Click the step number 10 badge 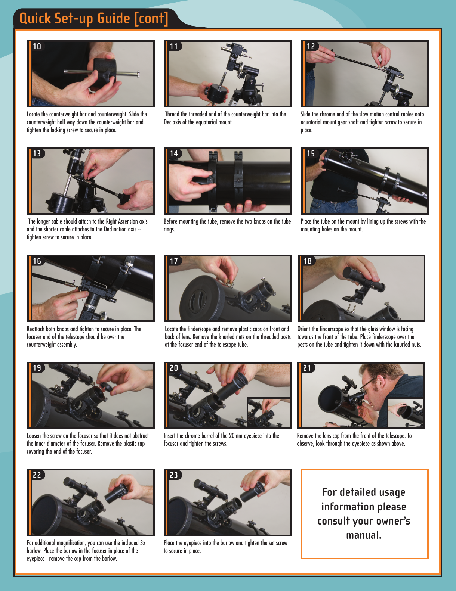pos(37,47)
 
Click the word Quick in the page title pos(35,19)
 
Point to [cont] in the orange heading pos(151,19)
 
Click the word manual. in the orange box pos(364,535)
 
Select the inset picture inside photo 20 pos(268,413)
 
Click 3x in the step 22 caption pos(143,543)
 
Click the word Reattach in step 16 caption pos(36,329)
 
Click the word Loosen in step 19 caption pos(34,436)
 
